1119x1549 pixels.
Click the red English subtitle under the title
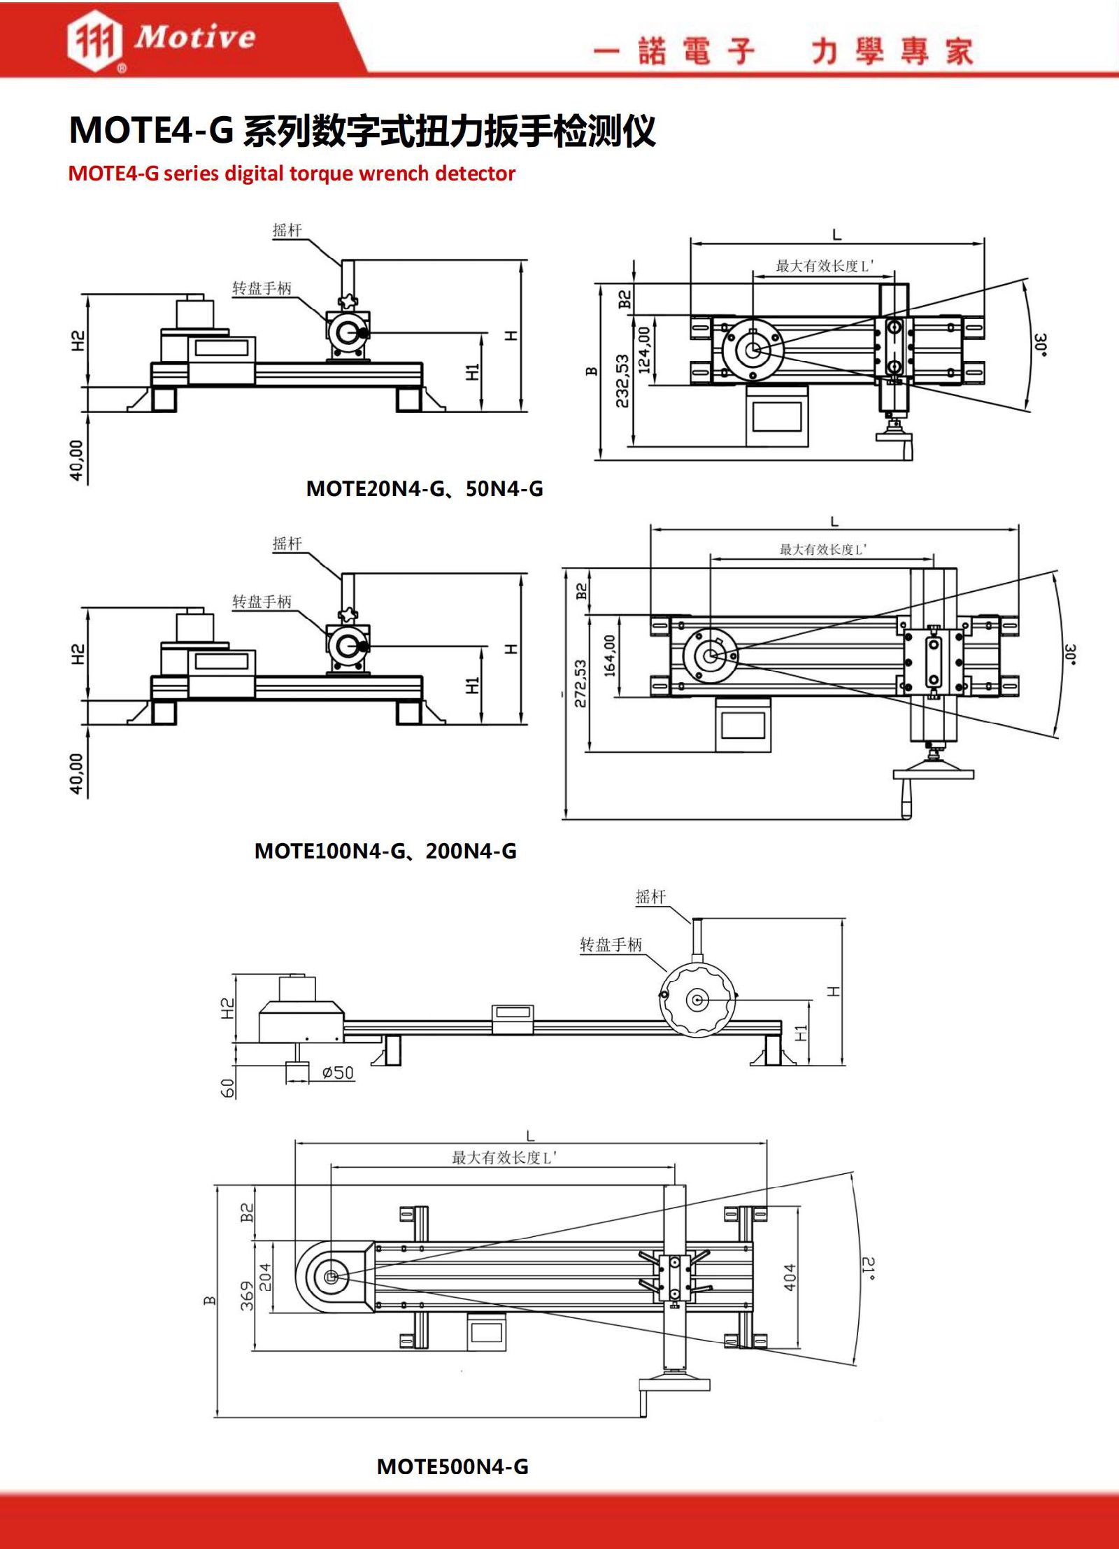(292, 174)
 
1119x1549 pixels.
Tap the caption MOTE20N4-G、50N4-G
(425, 488)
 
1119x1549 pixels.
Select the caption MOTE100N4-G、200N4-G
(385, 851)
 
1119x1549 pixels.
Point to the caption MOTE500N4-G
(452, 1466)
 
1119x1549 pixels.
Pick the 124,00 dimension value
(644, 349)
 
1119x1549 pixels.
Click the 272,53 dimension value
(580, 684)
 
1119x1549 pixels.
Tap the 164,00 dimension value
(609, 656)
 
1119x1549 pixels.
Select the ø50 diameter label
(338, 1073)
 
